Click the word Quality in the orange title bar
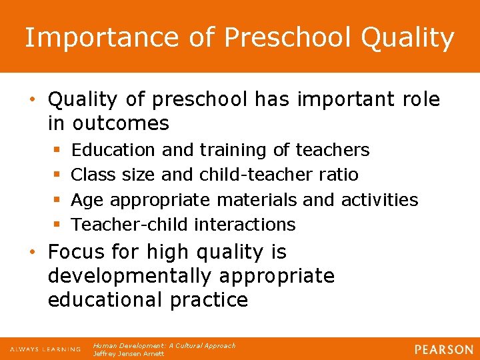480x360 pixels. (x=407, y=39)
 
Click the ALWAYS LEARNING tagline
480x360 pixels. (x=45, y=349)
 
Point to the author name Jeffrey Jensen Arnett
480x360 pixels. (x=128, y=353)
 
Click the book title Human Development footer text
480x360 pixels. (x=164, y=345)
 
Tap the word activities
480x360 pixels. (x=379, y=199)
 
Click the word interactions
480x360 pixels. (x=245, y=224)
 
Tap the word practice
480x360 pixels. (x=208, y=300)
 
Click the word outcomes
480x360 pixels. (x=121, y=123)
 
